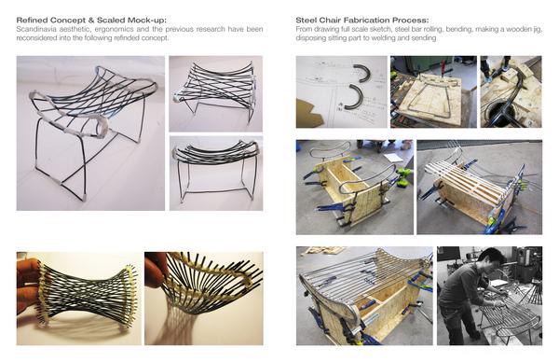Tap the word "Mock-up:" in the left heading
click(x=147, y=20)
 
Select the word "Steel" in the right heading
click(x=305, y=20)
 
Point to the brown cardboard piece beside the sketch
click(x=308, y=113)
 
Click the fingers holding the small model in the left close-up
click(x=28, y=285)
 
